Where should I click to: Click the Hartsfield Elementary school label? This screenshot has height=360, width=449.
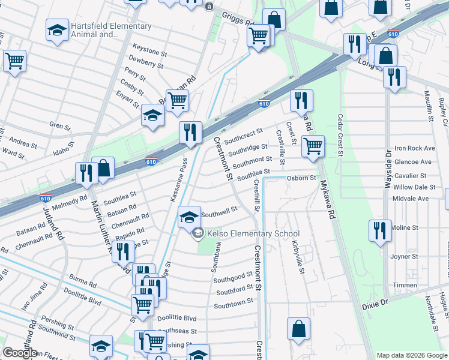tap(110, 31)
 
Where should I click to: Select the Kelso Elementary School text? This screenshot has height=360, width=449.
tap(253, 234)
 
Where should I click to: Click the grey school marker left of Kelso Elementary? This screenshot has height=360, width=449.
tap(197, 234)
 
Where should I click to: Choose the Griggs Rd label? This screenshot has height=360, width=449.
tap(238, 19)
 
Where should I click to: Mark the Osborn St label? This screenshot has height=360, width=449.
tap(301, 178)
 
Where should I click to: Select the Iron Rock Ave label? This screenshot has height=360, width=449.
tap(414, 148)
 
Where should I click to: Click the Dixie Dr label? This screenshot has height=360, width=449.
tap(376, 305)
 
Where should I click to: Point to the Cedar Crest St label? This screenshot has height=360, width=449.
tap(340, 135)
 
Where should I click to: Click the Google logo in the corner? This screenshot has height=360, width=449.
tap(19, 353)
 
